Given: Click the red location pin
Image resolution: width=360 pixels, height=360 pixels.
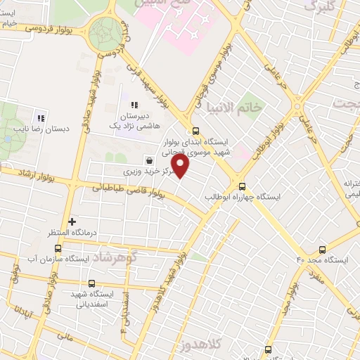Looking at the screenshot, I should (x=181, y=167).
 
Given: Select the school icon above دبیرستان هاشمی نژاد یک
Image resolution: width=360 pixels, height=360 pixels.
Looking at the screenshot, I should (x=134, y=105).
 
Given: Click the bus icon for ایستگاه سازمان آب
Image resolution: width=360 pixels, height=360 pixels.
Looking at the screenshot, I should (x=58, y=247).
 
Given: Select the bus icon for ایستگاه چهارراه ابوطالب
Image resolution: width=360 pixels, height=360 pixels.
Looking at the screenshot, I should (x=243, y=186).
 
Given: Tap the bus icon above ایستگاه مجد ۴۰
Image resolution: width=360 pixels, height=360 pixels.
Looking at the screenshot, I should (x=323, y=249).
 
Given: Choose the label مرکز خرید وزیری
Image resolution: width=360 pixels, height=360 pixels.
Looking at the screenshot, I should (x=146, y=171).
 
